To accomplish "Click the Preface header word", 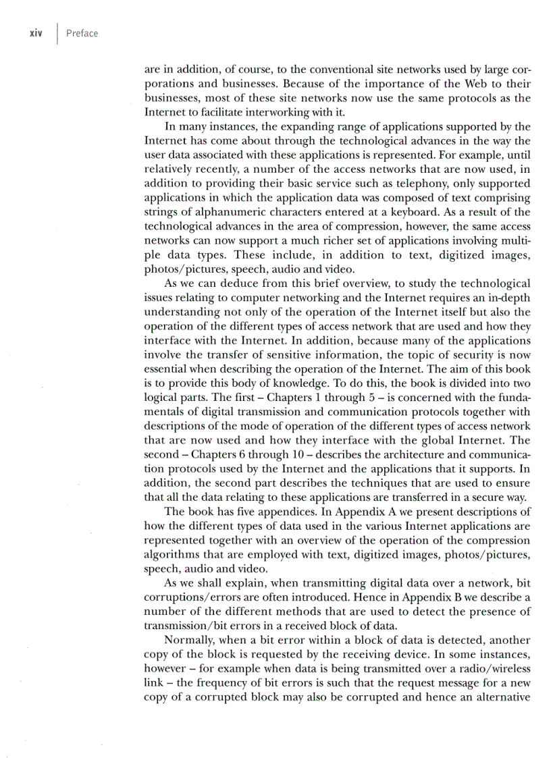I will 82,33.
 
